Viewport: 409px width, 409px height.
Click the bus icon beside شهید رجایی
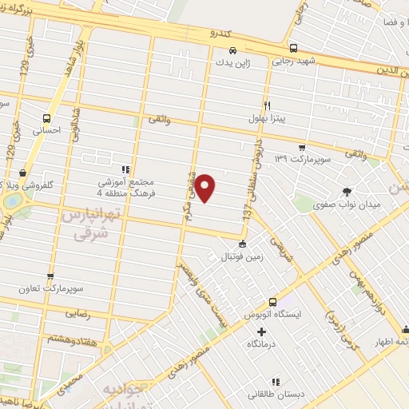[293, 48]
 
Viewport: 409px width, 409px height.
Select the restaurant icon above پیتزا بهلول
[268, 105]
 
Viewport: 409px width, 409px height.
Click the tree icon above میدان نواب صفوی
[347, 192]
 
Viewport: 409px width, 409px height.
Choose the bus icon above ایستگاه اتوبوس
[272, 302]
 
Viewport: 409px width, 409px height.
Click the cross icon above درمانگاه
[263, 330]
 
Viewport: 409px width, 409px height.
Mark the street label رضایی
[93, 316]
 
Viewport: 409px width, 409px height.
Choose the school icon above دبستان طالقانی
[276, 381]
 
